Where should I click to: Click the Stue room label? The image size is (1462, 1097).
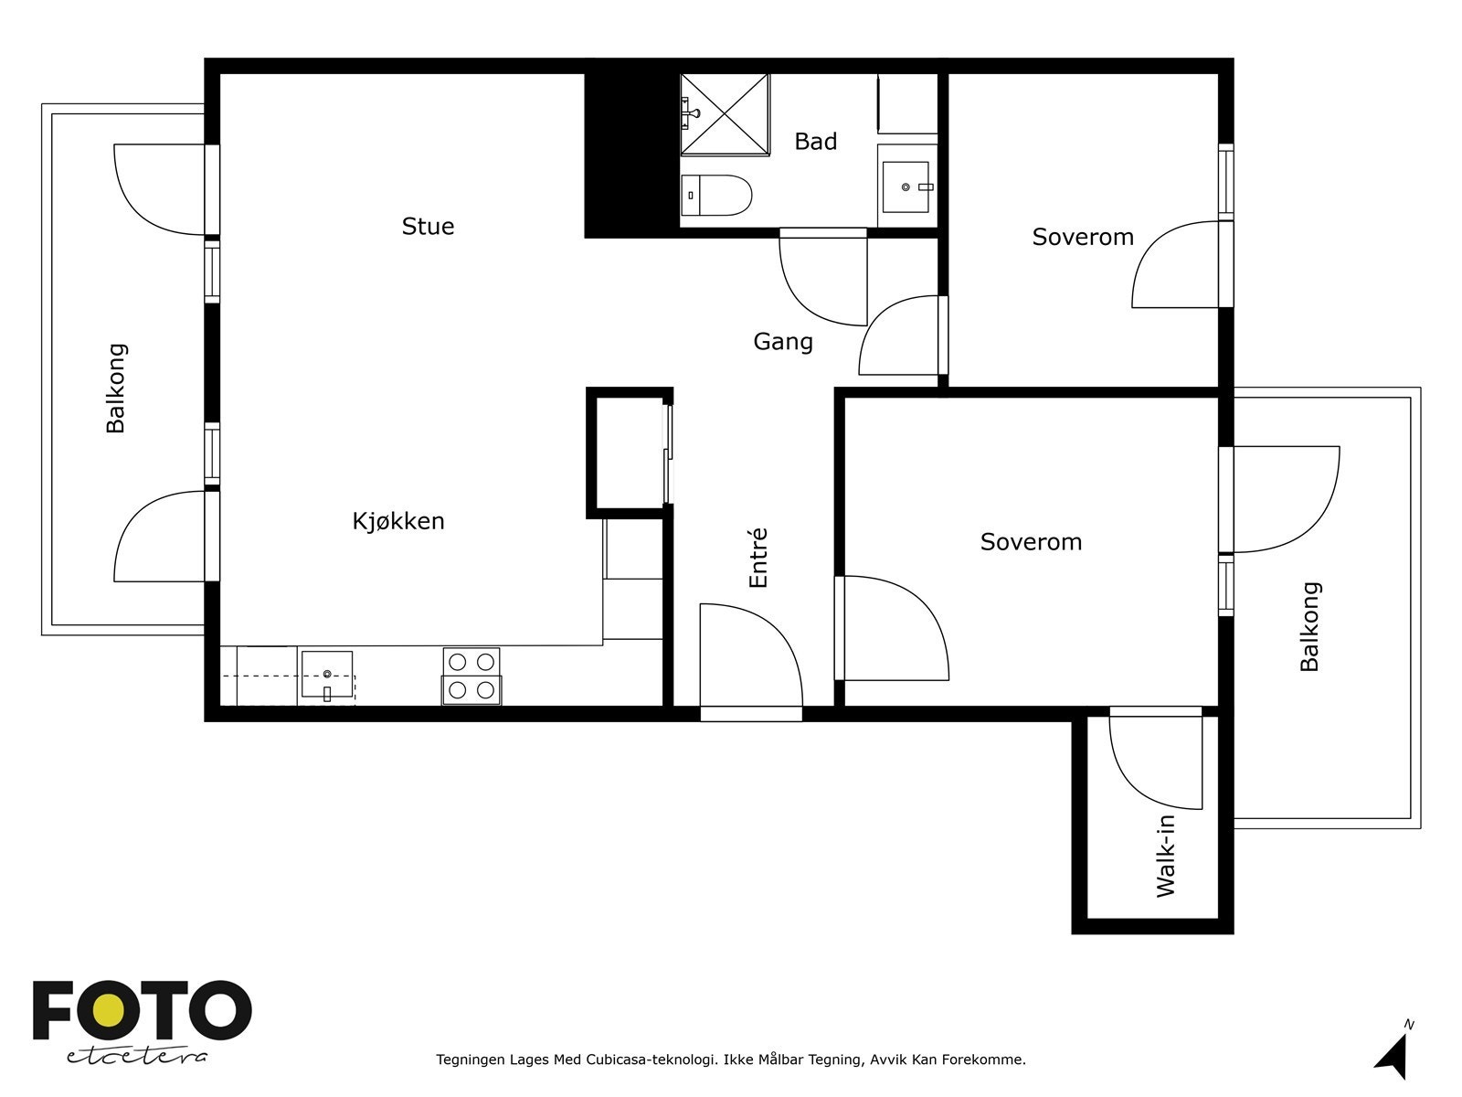click(x=428, y=227)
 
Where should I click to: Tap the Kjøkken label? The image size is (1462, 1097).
click(x=398, y=521)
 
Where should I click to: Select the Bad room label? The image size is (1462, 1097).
click(x=815, y=141)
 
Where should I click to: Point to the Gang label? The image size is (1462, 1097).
click(x=782, y=342)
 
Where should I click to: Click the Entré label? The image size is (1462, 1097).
click(x=758, y=558)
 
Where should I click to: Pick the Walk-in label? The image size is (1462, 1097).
click(x=1166, y=856)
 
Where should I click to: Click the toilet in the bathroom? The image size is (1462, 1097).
click(x=716, y=195)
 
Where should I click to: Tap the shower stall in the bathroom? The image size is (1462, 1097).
click(x=725, y=114)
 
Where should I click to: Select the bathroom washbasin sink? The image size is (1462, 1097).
click(x=906, y=186)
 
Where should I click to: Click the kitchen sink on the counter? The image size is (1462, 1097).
click(x=327, y=674)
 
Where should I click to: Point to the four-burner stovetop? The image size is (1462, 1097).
click(x=471, y=676)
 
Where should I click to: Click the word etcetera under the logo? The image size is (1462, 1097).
click(x=136, y=1057)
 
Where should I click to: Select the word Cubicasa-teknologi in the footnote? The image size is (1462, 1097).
click(x=650, y=1060)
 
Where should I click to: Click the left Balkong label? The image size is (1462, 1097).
click(x=115, y=389)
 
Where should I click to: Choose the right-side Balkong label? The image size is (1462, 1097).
click(x=1309, y=627)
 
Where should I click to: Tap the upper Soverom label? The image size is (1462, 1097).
click(x=1083, y=237)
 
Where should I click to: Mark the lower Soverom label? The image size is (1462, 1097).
click(x=1031, y=542)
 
